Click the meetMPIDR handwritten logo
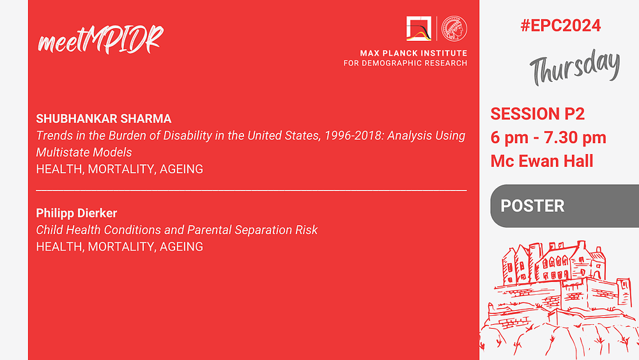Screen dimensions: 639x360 [x=100, y=40]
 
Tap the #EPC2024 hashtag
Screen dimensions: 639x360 [x=560, y=26]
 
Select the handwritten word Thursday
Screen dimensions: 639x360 [x=574, y=67]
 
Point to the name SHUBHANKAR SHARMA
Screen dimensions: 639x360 [x=104, y=119]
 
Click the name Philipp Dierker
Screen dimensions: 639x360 [x=77, y=213]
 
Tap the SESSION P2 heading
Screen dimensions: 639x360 [x=537, y=114]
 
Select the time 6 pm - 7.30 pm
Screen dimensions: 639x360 [x=548, y=137]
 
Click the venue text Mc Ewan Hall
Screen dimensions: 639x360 [x=542, y=161]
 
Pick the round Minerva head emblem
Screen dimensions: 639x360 [x=454, y=29]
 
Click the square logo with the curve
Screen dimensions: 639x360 [x=419, y=29]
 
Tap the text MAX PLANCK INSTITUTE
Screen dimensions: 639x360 [x=413, y=53]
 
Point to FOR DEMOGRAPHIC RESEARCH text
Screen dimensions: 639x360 [x=405, y=63]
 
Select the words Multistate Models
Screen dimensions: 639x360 [x=84, y=152]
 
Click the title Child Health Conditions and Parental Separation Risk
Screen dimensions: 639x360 [x=176, y=230]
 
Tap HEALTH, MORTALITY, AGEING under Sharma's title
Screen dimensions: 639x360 [x=119, y=169]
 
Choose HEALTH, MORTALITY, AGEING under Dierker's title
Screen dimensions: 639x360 [x=119, y=247]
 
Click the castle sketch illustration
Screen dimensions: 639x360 [x=559, y=300]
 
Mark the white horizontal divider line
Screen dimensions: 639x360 [x=251, y=191]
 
